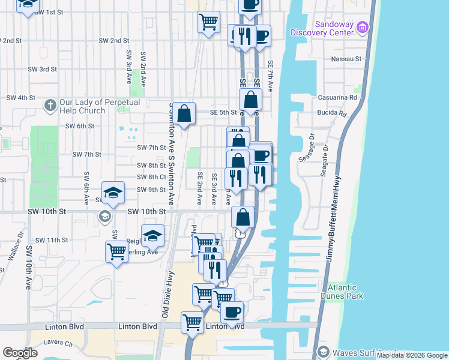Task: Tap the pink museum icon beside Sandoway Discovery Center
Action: point(362,27)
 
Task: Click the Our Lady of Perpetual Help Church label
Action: point(100,106)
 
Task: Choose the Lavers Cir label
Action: point(58,344)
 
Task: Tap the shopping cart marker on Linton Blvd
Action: point(192,322)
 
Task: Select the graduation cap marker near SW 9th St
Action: point(112,192)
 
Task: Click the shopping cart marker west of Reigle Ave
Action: point(116,251)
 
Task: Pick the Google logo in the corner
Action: point(20,352)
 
